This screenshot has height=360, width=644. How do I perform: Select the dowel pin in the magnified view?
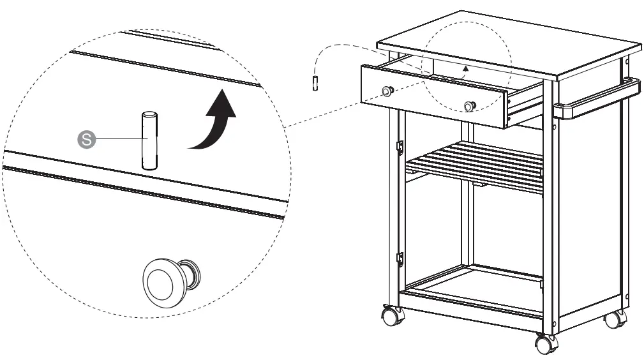coord(149,141)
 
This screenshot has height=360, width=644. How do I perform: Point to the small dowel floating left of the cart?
coord(315,84)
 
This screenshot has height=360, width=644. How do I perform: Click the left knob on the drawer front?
coord(387,91)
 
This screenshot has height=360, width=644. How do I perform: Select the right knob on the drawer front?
coord(470,105)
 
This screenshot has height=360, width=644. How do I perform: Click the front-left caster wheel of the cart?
coord(392,315)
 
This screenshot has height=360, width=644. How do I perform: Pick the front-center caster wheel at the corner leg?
coord(546,344)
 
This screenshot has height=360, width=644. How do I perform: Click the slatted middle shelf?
coord(476,166)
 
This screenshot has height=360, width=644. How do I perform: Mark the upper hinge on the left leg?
coord(400,147)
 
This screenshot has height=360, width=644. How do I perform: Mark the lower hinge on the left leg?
coord(400,259)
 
